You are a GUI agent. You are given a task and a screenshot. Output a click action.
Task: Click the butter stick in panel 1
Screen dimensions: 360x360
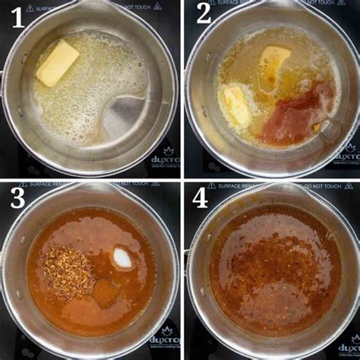tap(58, 62)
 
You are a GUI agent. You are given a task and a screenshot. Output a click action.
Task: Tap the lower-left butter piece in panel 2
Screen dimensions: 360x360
tap(237, 105)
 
